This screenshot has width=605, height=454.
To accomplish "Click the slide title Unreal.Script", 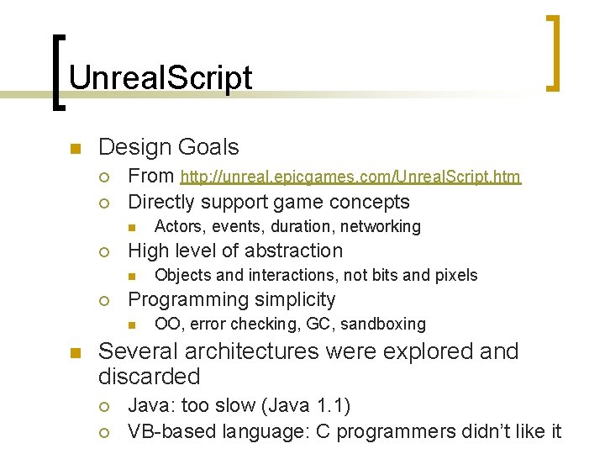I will coord(160,77).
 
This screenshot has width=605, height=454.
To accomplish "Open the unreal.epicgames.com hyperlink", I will coord(350,177).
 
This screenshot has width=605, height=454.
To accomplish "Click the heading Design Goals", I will coord(168,147).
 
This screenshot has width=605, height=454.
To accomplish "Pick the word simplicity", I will coord(290,299).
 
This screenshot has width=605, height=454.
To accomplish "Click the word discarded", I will coord(149,377).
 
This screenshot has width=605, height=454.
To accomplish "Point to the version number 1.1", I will coord(331,406).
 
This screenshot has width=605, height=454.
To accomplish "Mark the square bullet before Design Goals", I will coord(74,150).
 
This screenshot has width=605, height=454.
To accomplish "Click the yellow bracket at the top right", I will coord(553,52).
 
